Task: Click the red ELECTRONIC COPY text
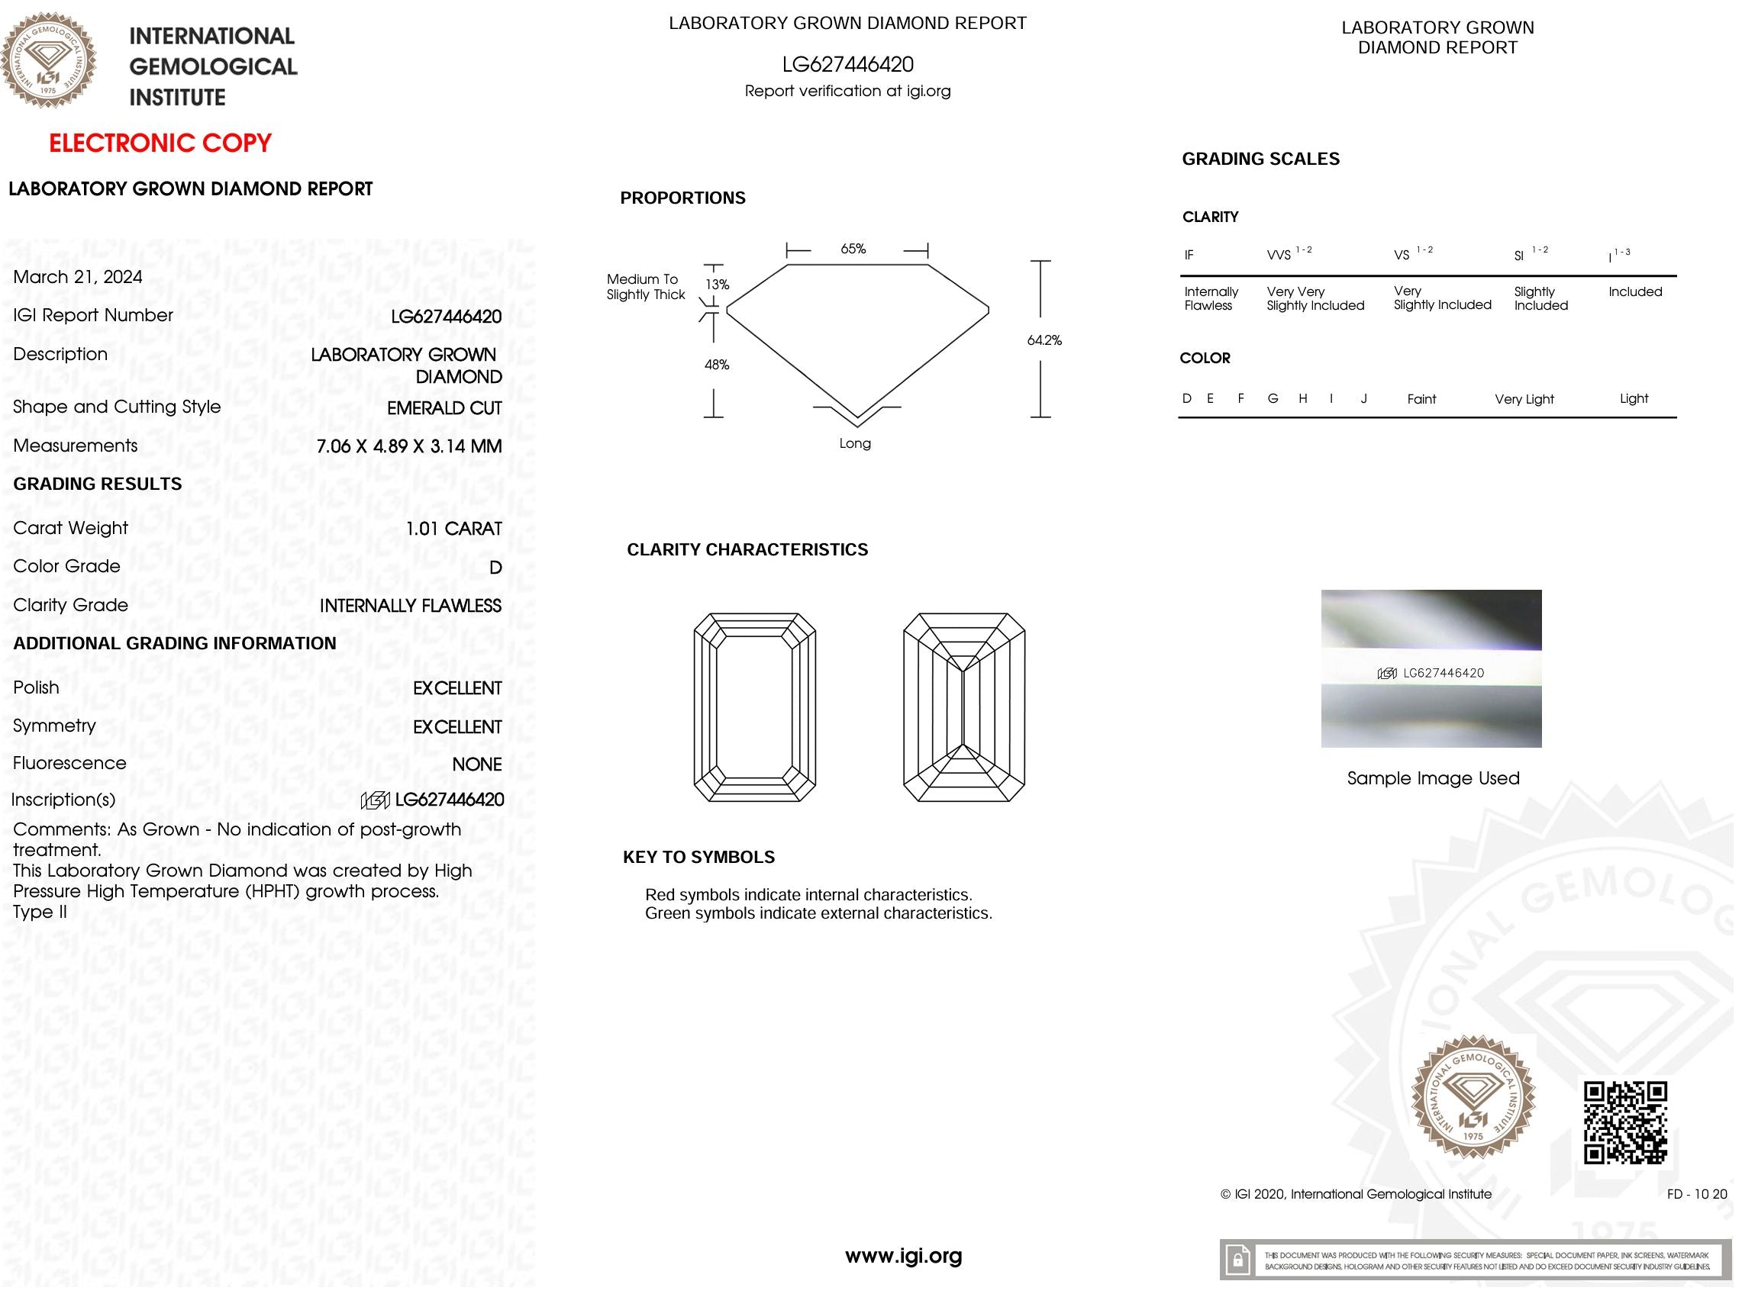point(160,143)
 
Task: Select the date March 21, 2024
point(78,276)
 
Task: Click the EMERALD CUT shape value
point(444,408)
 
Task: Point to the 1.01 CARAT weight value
point(453,529)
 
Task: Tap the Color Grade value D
point(495,568)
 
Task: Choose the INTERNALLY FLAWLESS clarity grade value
point(410,606)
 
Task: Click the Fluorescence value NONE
point(476,764)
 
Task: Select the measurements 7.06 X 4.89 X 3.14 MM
point(408,446)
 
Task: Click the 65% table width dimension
point(853,249)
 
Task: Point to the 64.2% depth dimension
point(1044,340)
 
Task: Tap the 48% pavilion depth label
point(716,365)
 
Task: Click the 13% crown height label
point(717,285)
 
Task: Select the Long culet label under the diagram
point(854,443)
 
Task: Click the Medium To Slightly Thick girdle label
point(645,287)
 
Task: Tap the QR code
point(1625,1122)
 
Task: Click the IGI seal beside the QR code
point(1473,1096)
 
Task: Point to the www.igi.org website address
point(903,1257)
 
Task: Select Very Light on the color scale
point(1524,400)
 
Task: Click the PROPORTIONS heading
point(682,198)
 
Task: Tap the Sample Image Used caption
point(1433,778)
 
